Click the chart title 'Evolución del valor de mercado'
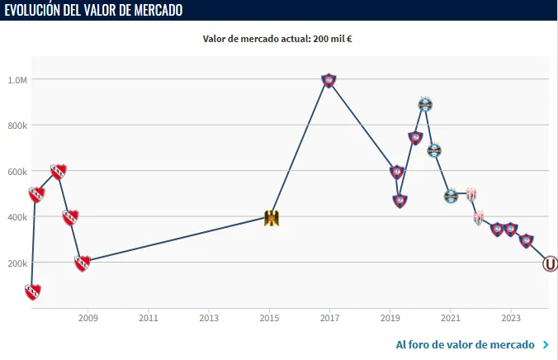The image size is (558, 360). click(94, 10)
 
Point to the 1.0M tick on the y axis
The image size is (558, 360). click(17, 80)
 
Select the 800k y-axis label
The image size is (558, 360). click(17, 126)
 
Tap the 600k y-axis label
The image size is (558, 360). click(17, 172)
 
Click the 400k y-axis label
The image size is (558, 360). click(17, 217)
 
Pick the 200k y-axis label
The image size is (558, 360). click(17, 263)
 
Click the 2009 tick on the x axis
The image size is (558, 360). click(88, 317)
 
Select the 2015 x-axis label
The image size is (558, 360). click(269, 317)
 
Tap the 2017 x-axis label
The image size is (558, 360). click(329, 317)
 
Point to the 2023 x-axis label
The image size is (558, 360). click(511, 317)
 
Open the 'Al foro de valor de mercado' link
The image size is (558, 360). click(466, 344)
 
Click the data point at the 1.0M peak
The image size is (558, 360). click(329, 80)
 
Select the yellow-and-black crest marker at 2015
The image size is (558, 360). click(270, 218)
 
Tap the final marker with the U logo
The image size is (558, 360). click(550, 264)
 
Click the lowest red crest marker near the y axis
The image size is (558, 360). click(32, 291)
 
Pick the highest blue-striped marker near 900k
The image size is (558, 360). click(425, 104)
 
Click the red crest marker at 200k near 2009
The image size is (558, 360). click(82, 263)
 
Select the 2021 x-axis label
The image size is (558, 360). click(450, 317)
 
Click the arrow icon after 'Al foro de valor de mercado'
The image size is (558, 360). click(546, 344)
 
